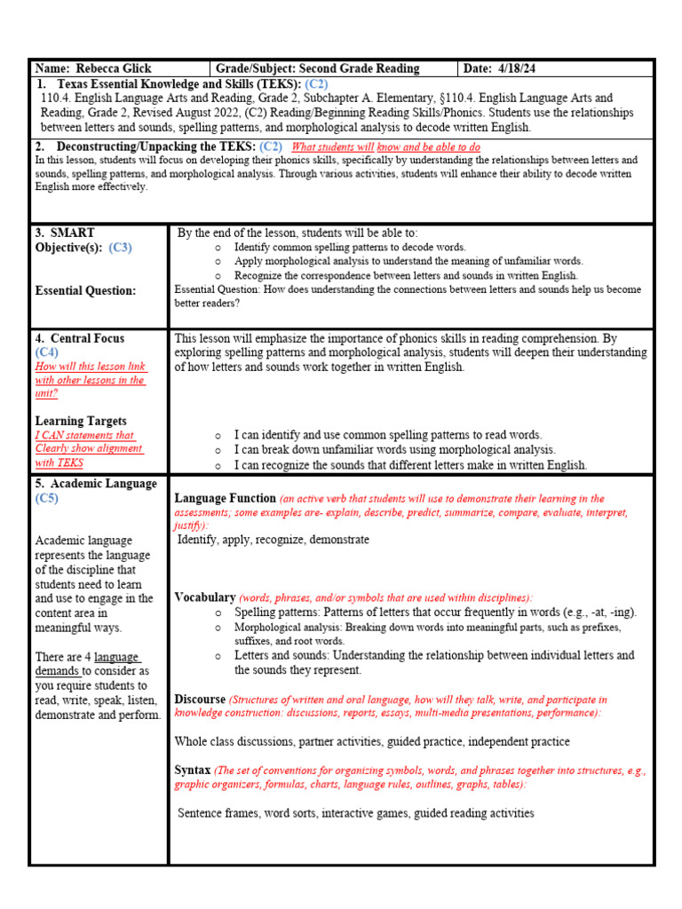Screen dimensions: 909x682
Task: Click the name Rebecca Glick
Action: coord(113,68)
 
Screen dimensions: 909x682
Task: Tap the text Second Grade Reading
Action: coord(359,68)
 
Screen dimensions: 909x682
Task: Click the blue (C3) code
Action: coord(120,248)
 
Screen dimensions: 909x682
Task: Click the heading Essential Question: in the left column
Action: coord(85,290)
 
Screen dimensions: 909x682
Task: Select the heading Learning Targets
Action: coord(81,421)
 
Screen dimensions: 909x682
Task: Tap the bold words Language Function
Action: coord(225,499)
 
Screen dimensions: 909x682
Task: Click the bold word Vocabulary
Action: coord(205,597)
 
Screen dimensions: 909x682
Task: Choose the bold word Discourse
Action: coord(200,700)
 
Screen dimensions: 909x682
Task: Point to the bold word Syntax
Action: coord(193,771)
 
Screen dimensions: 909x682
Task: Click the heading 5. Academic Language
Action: coord(96,484)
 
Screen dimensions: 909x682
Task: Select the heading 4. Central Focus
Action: coord(80,338)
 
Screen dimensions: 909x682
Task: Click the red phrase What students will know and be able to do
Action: coord(386,146)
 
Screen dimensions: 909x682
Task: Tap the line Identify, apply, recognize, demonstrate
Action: coord(274,540)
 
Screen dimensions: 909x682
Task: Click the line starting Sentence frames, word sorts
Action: coord(355,812)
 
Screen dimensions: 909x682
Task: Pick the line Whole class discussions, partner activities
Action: coord(372,741)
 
